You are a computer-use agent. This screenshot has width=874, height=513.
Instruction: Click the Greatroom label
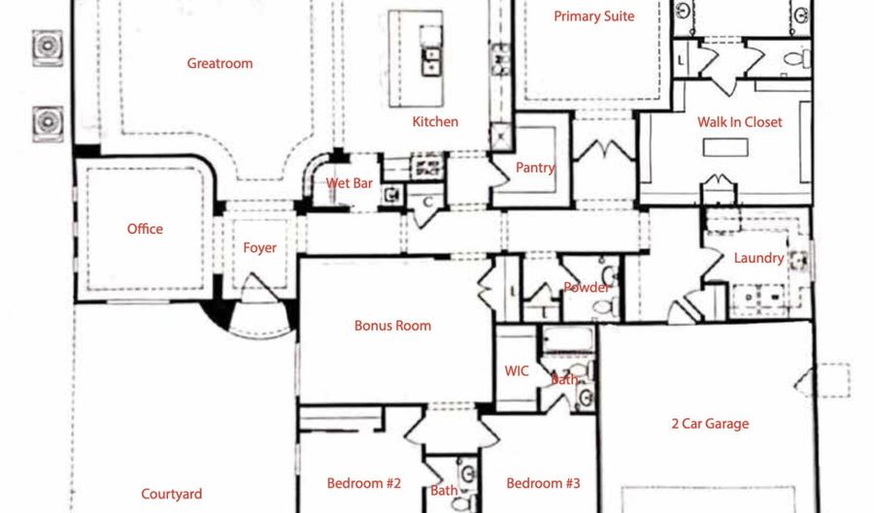pyautogui.click(x=219, y=64)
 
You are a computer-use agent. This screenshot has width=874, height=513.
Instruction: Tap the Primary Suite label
pyautogui.click(x=593, y=16)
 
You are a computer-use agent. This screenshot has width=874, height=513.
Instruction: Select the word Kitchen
pyautogui.click(x=435, y=122)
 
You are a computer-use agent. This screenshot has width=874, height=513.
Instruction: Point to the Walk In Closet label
pyautogui.click(x=739, y=123)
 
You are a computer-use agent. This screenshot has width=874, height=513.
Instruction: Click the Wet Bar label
pyautogui.click(x=349, y=182)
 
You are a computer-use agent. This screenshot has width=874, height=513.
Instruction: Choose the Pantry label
pyautogui.click(x=534, y=168)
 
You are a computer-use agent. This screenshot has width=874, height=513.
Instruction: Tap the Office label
pyautogui.click(x=145, y=230)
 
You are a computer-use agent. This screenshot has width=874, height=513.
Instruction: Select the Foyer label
pyautogui.click(x=259, y=248)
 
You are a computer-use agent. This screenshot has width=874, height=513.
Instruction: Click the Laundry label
pyautogui.click(x=758, y=258)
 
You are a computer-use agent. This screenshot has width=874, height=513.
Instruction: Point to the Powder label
pyautogui.click(x=587, y=287)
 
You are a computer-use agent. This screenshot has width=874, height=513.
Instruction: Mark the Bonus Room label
pyautogui.click(x=392, y=326)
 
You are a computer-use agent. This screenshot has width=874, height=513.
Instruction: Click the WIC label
pyautogui.click(x=517, y=371)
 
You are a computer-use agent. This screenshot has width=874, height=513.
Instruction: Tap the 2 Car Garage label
pyautogui.click(x=710, y=424)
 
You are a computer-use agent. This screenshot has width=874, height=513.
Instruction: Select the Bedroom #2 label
pyautogui.click(x=364, y=483)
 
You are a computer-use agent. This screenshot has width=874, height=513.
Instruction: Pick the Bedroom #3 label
pyautogui.click(x=543, y=483)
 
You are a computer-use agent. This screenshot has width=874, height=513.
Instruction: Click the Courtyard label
pyautogui.click(x=172, y=495)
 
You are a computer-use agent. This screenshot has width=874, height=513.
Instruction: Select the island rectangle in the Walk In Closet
pyautogui.click(x=725, y=147)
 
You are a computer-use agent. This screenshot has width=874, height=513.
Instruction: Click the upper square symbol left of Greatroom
pyautogui.click(x=47, y=45)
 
